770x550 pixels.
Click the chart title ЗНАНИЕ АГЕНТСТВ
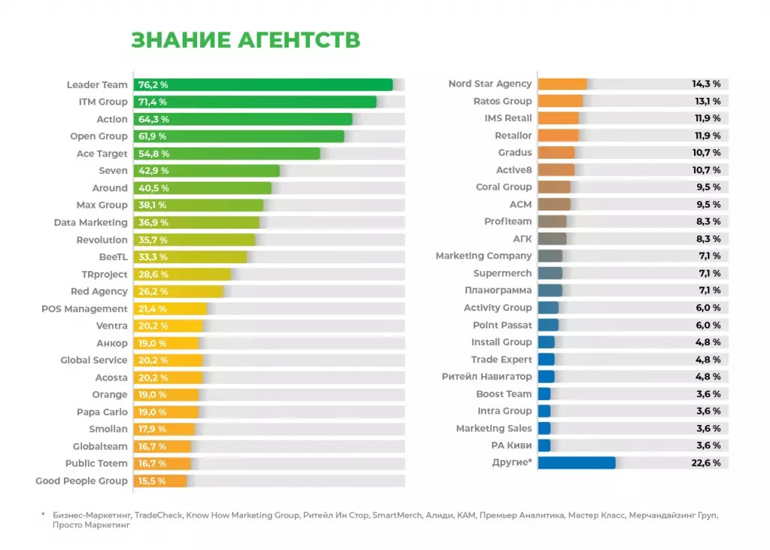(245, 40)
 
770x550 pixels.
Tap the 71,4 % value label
(153, 102)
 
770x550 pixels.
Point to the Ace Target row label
(102, 153)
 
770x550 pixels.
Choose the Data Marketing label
(90, 223)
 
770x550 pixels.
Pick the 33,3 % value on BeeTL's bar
(153, 257)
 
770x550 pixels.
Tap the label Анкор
(112, 343)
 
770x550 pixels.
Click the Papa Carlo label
(102, 412)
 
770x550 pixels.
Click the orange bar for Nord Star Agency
(562, 84)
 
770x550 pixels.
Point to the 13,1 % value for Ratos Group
(706, 102)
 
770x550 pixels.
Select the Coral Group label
(503, 187)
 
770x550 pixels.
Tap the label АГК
(522, 239)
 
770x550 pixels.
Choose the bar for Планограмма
(550, 290)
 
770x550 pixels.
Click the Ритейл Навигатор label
(487, 377)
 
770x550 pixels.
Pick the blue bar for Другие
(577, 463)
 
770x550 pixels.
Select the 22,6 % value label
(706, 463)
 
